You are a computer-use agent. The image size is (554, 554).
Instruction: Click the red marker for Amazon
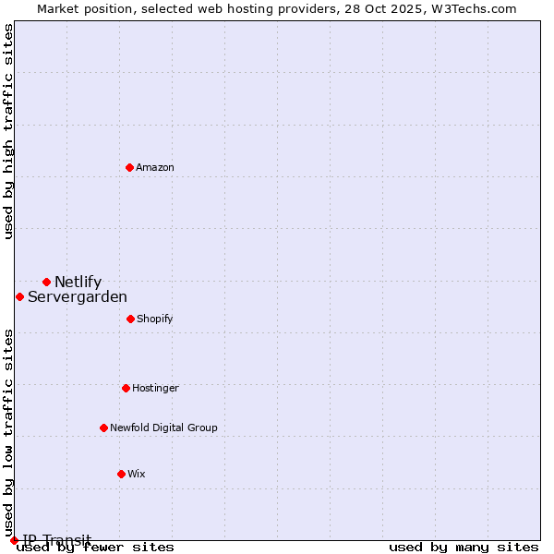click(129, 167)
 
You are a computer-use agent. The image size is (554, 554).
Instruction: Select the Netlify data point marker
click(46, 282)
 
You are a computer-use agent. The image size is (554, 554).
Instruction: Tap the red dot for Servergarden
click(19, 296)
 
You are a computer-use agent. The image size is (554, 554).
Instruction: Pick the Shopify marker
click(130, 319)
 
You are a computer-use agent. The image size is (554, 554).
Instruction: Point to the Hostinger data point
click(126, 388)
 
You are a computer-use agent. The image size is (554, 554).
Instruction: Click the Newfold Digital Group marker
click(103, 428)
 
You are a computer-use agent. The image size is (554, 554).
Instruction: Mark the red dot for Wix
click(121, 474)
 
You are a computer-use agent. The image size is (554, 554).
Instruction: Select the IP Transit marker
click(14, 540)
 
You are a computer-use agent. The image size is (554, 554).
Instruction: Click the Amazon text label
click(155, 167)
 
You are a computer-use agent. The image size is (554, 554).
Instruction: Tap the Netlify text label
click(78, 282)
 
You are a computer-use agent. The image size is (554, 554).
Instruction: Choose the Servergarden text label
click(78, 296)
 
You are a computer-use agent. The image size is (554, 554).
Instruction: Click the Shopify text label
click(154, 319)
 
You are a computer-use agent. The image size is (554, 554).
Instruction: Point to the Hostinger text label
click(155, 388)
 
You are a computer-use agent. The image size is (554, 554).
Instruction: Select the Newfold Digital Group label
click(163, 428)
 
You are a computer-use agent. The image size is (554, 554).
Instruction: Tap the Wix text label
click(137, 474)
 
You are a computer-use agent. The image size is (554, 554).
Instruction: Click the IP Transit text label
click(57, 539)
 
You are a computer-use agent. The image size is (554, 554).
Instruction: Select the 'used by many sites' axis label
click(464, 547)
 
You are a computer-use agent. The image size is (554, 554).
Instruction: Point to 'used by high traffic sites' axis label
click(8, 131)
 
